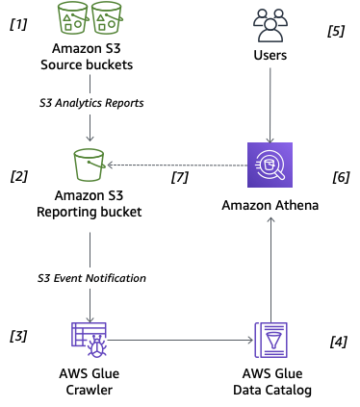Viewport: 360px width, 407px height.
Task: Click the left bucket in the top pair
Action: pos(73,18)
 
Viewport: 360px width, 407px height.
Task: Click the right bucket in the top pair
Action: pos(107,18)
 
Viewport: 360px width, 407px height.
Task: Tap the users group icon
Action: pos(270,24)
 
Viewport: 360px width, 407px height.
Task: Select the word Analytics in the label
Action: pos(86,104)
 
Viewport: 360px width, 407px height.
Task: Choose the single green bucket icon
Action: pos(90,165)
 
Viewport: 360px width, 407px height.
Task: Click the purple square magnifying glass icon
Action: pos(270,165)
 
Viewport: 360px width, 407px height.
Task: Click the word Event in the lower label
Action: pos(73,278)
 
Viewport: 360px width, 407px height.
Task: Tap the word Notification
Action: pos(118,278)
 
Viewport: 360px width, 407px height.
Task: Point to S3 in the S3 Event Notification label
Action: pos(43,278)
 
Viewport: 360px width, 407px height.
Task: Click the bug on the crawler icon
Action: pos(96,348)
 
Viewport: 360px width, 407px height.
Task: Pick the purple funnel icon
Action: pos(270,340)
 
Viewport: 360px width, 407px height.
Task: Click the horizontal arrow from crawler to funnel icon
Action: pos(178,340)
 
